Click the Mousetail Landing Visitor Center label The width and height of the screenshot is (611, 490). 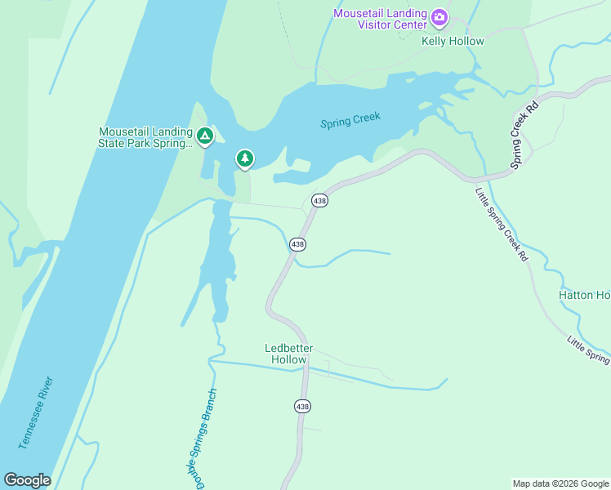381,18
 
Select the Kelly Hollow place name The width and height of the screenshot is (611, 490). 453,41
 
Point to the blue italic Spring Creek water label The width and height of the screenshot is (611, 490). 350,122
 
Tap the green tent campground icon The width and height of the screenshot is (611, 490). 204,136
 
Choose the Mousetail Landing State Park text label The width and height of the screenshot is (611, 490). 145,137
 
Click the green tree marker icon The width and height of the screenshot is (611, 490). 244,158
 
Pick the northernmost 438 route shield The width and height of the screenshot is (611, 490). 319,200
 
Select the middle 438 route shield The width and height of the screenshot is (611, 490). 298,243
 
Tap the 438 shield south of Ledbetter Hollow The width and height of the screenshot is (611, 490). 302,406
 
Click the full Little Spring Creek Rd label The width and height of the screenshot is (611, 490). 502,224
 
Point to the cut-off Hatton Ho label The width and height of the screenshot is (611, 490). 584,295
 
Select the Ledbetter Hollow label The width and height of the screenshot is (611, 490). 289,354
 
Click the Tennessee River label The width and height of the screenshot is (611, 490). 37,413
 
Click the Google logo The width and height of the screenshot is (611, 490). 27,480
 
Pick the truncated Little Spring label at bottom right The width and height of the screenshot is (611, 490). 588,349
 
